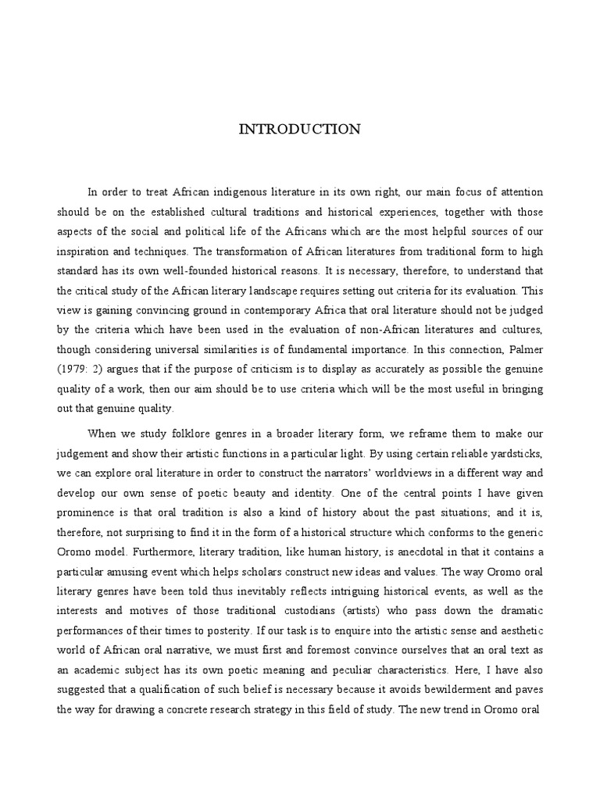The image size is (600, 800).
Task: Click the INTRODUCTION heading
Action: [x=300, y=130]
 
